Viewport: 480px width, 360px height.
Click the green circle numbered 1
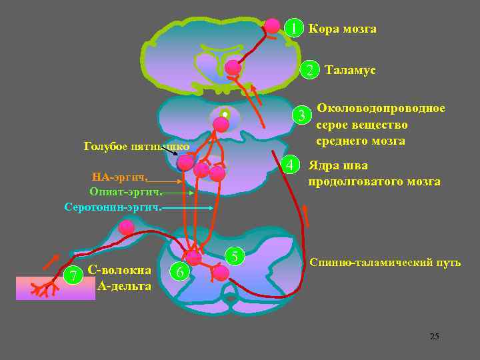[x=292, y=28]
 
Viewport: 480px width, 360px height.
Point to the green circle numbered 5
[x=235, y=256]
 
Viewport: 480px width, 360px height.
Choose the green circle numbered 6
[x=179, y=272]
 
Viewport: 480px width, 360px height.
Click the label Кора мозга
[x=342, y=29]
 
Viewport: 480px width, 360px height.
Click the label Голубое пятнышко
[x=137, y=146]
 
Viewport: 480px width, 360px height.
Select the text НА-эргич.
[x=120, y=177]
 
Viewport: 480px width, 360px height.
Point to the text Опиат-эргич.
[x=125, y=192]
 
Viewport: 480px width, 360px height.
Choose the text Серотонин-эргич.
[x=113, y=207]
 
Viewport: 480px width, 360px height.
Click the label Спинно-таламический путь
[x=385, y=262]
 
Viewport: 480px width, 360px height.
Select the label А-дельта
[x=124, y=286]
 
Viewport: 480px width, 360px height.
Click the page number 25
[x=434, y=336]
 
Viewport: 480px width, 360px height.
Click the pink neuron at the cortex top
[x=272, y=26]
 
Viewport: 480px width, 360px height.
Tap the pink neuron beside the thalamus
[x=233, y=67]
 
